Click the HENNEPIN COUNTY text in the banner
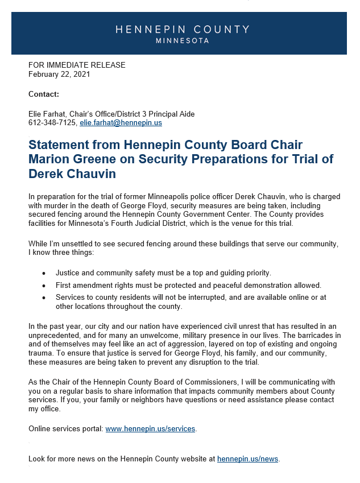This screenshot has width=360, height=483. click(x=182, y=30)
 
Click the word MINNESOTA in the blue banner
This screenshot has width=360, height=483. click(x=182, y=41)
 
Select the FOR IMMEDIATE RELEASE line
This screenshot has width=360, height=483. click(x=77, y=65)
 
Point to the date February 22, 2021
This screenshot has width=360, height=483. click(x=59, y=74)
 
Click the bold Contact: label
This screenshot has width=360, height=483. click(x=44, y=94)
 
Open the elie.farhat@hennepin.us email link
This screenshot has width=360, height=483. click(x=121, y=122)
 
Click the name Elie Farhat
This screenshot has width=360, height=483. click(x=47, y=114)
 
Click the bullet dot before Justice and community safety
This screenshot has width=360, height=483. click(x=44, y=273)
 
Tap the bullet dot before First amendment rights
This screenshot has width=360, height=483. click(x=44, y=285)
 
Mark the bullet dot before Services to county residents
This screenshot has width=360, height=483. click(x=44, y=298)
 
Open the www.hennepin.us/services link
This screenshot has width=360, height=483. click(x=150, y=428)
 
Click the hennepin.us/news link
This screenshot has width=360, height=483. click(x=247, y=459)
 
